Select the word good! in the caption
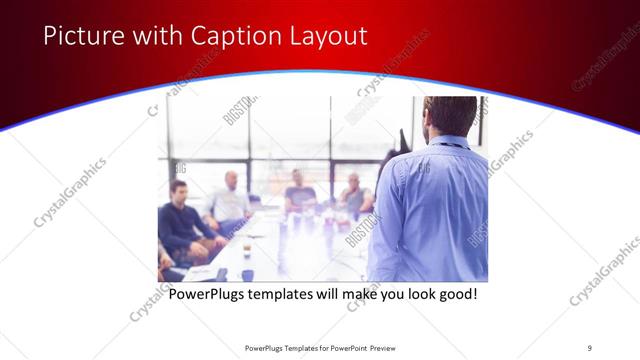pos(455,296)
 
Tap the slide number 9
pos(589,347)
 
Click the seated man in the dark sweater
pos(180,220)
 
